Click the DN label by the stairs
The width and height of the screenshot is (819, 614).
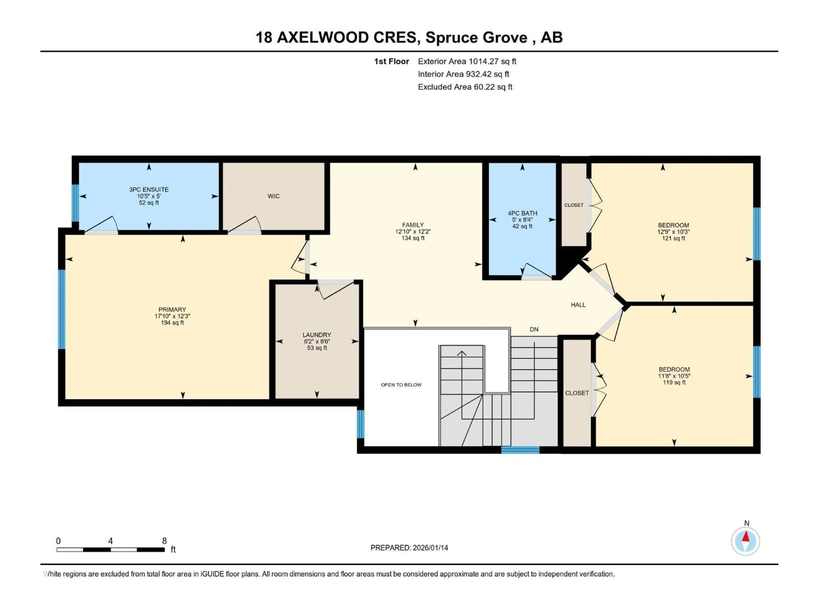coord(534,329)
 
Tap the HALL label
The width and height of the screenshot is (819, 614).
coord(578,305)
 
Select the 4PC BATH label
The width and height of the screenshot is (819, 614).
coord(522,213)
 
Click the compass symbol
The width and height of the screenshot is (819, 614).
coord(745,542)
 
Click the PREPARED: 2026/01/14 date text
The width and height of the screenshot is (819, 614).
coord(409,548)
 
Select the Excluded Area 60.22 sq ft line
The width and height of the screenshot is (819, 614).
coord(465,87)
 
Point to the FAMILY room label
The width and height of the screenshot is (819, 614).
coord(413,225)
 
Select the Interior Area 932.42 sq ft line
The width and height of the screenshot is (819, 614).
coord(463,74)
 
